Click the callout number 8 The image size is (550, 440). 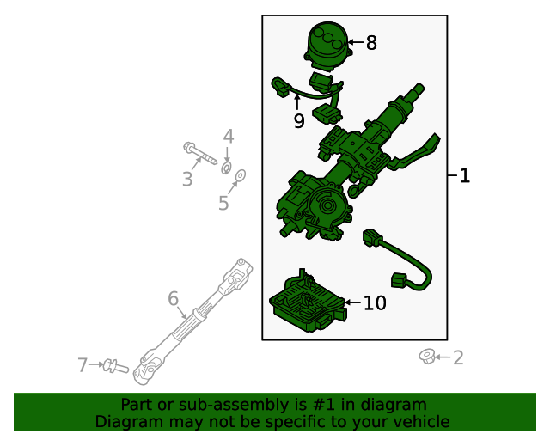click(x=371, y=42)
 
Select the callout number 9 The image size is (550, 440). click(x=299, y=121)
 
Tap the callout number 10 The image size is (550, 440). click(x=375, y=302)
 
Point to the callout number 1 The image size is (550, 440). click(x=465, y=176)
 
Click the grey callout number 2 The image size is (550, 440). click(x=458, y=357)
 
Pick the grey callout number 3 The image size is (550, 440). click(x=186, y=179)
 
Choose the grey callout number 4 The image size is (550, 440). click(x=229, y=137)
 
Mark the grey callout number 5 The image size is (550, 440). click(x=223, y=203)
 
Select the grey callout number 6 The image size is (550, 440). click(x=173, y=298)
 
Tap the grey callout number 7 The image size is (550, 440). click(x=82, y=365)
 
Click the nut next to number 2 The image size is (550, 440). click(x=425, y=355)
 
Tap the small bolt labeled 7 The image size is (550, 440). click(x=113, y=367)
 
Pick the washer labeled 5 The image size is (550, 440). click(x=241, y=177)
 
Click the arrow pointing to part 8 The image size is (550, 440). click(x=355, y=42)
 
